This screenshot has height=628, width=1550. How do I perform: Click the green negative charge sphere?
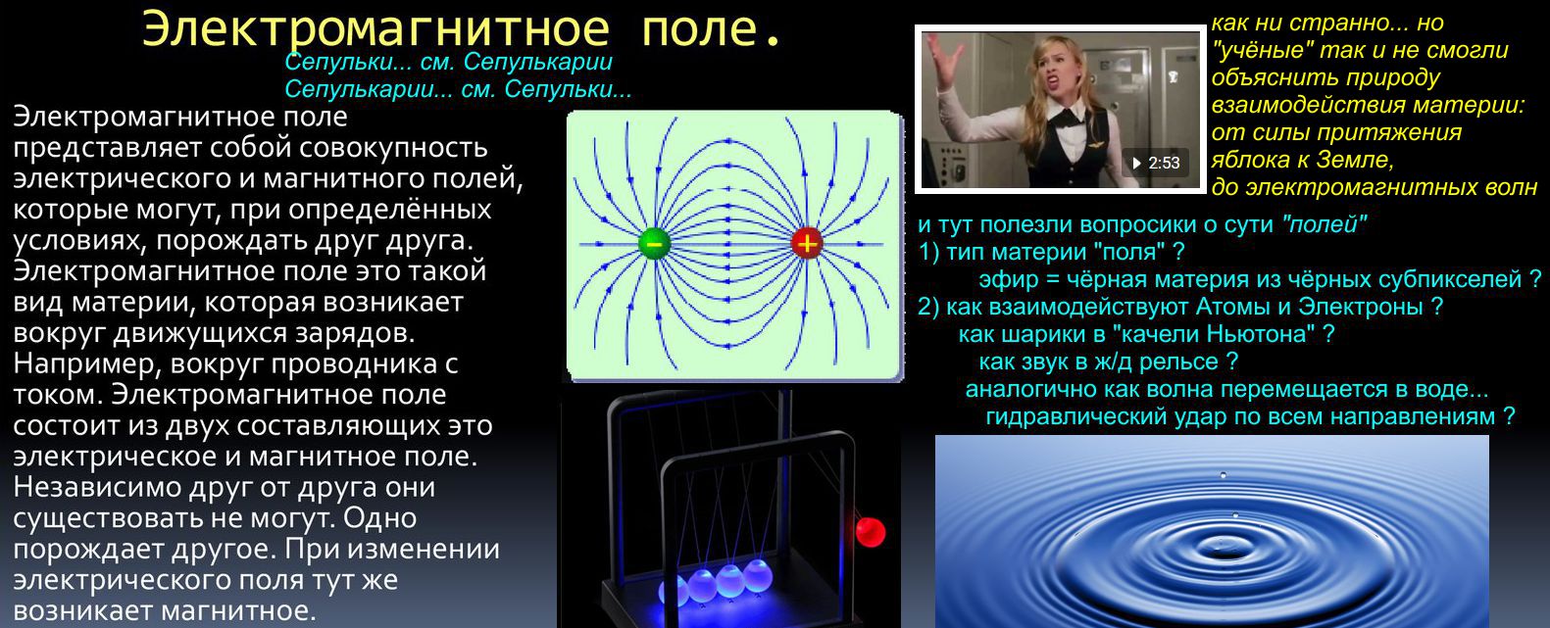[654, 243]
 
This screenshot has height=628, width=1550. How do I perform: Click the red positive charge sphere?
[806, 243]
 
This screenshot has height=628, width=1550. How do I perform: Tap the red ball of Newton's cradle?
[870, 532]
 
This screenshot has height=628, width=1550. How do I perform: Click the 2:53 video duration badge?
[1156, 164]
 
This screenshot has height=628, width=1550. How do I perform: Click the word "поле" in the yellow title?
[702, 29]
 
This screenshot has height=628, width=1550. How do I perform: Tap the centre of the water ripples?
[1225, 547]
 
